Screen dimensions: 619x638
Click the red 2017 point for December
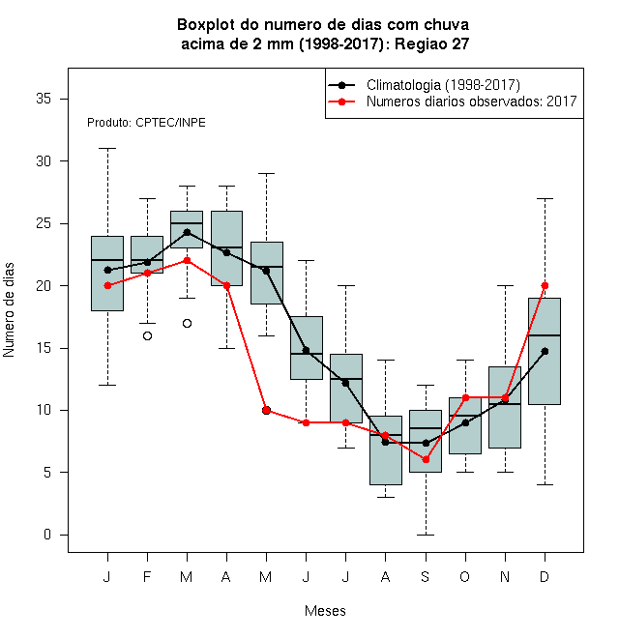pos(545,285)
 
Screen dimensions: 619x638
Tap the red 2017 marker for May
pos(266,410)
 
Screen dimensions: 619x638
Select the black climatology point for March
pos(187,232)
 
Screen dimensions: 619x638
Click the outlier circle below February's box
pos(147,335)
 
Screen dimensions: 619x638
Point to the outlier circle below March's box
pos(187,324)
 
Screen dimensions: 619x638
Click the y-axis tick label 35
pos(44,99)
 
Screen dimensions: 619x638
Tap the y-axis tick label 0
pos(47,535)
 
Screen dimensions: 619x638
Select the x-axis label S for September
pos(426,577)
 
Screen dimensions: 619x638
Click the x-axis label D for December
pos(545,577)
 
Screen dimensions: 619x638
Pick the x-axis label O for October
pos(464,577)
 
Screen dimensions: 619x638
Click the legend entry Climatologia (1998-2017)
pos(443,85)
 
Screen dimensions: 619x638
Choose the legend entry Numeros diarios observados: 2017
pos(472,101)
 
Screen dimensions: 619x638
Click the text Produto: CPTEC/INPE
pos(146,123)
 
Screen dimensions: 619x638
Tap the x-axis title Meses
pos(325,611)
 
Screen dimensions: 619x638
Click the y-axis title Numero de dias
pos(9,310)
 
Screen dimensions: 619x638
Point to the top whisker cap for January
pos(107,149)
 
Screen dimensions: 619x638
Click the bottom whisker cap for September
pos(426,535)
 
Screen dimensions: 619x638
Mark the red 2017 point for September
pos(426,460)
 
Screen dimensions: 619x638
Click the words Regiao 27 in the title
pos(431,43)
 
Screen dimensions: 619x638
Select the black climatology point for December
pos(545,351)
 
